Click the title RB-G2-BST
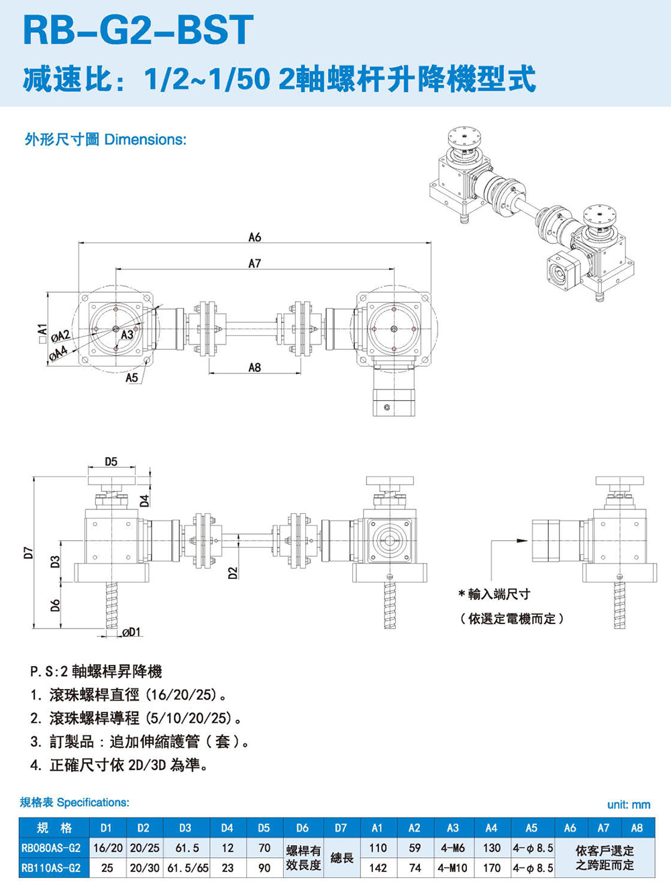point(138,30)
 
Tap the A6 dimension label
point(254,237)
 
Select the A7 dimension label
point(254,263)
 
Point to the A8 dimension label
point(254,367)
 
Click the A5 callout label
point(132,378)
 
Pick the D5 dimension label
point(111,462)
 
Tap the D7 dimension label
point(28,552)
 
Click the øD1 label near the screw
point(131,632)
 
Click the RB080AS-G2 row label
point(51,848)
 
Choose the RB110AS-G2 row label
point(51,868)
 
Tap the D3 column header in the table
point(185,828)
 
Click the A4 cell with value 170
point(492,868)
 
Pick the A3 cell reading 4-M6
point(453,848)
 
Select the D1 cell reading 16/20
point(107,848)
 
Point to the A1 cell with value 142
point(378,868)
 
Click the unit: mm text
point(629,804)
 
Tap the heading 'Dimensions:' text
point(146,139)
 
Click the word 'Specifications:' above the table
point(93,802)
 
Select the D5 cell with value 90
point(264,868)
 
